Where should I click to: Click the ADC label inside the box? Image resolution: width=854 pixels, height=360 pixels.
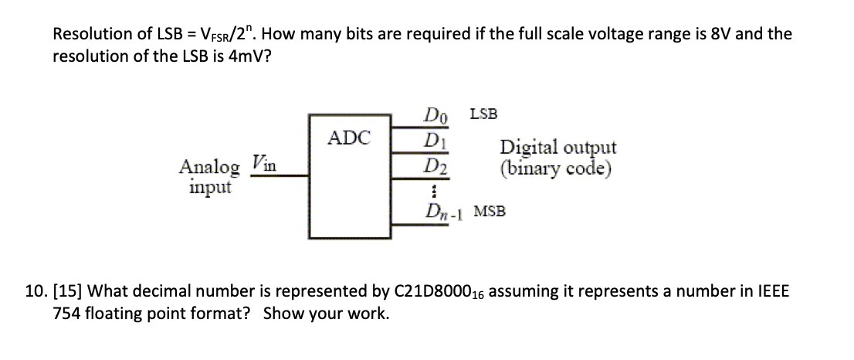(349, 138)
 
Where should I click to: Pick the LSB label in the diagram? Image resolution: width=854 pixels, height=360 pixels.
(483, 114)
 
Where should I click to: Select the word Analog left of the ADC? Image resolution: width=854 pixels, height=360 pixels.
(208, 166)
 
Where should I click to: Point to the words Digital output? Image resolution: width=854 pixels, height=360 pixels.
(558, 148)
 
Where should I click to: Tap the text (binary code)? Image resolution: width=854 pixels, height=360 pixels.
(556, 168)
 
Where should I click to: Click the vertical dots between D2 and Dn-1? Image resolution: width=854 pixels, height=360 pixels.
(435, 188)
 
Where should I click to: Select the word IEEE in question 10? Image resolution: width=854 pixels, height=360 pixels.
(772, 293)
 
